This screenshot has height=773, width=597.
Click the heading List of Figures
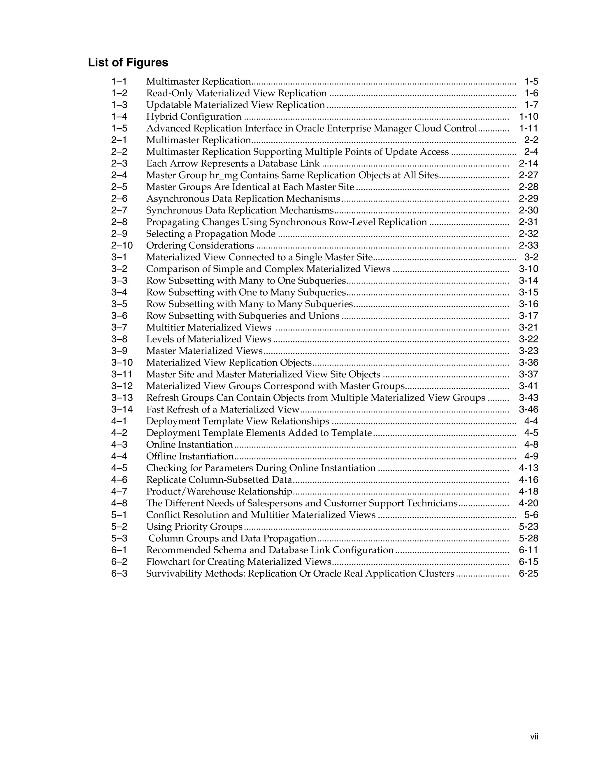[x=128, y=63]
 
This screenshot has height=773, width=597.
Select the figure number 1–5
[x=119, y=128]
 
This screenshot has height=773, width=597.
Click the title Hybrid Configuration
[x=194, y=117]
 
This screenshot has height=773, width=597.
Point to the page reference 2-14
[x=528, y=164]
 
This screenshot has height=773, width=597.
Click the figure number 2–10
[x=122, y=246]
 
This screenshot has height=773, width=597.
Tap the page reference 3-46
[x=528, y=410]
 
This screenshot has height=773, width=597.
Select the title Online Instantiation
[x=189, y=445]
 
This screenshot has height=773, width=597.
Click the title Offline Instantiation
[x=190, y=456]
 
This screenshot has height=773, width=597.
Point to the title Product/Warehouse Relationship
[x=219, y=492]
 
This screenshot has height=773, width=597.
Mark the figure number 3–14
[x=122, y=410]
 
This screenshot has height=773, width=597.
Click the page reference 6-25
[x=528, y=573]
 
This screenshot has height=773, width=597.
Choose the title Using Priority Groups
[x=194, y=527]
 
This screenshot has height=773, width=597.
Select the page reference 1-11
[x=528, y=128]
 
